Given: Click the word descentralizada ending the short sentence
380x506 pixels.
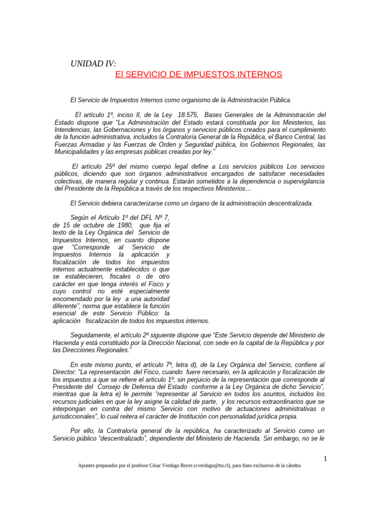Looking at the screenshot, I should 286,203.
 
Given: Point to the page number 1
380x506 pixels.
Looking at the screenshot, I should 325,459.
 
